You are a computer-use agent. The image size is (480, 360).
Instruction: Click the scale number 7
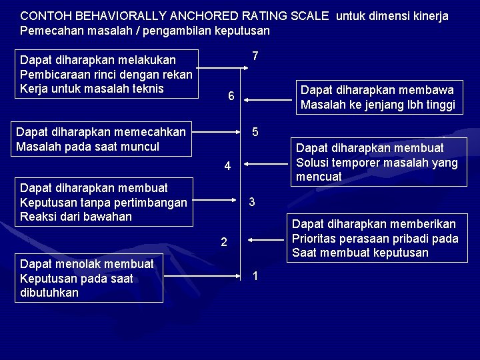[x=255, y=56]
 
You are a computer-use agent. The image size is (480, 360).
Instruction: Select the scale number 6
[x=230, y=97]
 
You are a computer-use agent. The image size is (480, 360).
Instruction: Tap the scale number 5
[x=255, y=131]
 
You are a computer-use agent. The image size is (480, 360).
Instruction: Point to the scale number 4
[x=227, y=166]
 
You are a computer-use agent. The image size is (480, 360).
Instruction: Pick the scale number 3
[x=252, y=202]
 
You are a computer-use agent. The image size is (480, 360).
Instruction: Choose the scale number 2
[x=225, y=242]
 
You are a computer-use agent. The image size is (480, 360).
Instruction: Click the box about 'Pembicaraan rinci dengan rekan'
[x=106, y=74]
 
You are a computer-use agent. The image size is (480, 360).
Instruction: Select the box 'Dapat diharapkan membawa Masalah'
[x=377, y=97]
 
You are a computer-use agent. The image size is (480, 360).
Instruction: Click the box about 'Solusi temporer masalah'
[x=377, y=163]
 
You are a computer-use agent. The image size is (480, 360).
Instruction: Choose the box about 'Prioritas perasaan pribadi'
[x=375, y=239]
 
